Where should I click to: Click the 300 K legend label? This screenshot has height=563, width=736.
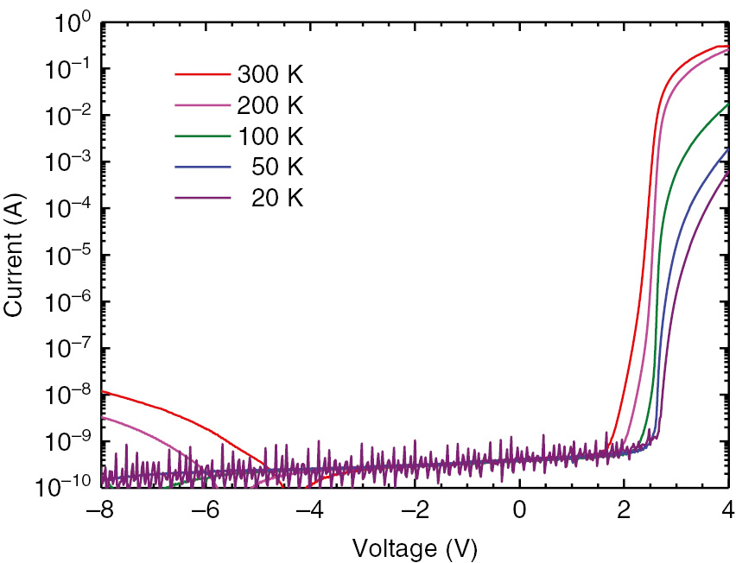coord(270,74)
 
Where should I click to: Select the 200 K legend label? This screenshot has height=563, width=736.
coord(270,105)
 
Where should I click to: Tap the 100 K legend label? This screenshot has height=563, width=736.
coord(270,136)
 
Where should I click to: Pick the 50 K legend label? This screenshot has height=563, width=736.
coord(277,168)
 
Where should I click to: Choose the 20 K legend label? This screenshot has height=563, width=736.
coord(277,199)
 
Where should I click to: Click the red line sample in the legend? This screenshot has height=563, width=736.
coord(203,74)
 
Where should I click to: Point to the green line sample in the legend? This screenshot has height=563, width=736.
coord(203,136)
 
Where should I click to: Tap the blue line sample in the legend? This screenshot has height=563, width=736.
coord(203,168)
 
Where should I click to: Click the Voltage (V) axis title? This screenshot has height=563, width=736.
coord(415,547)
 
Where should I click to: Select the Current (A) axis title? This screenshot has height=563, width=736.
coord(16,256)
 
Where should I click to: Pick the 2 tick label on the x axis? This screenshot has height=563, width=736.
coord(625,510)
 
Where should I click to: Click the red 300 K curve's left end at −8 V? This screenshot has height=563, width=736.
coord(104,391)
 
